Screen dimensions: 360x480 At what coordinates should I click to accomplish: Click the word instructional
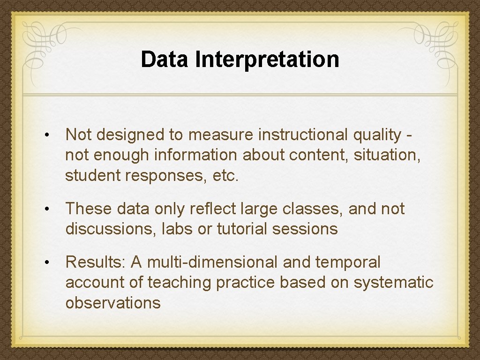pyautogui.click(x=302, y=135)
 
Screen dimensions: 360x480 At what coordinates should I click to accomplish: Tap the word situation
pyautogui.click(x=390, y=155)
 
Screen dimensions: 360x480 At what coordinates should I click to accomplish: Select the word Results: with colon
pyautogui.click(x=95, y=262)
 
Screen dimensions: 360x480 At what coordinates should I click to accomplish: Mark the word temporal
pyautogui.click(x=348, y=263)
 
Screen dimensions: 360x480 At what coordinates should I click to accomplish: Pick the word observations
pyautogui.click(x=113, y=303)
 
